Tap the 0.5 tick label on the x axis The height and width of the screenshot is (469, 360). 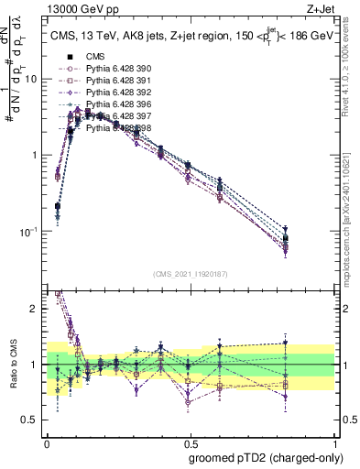189,441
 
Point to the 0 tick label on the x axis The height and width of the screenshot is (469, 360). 47,441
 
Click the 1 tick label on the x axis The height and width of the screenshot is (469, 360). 333,441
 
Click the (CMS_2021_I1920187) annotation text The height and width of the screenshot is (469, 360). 191,274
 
